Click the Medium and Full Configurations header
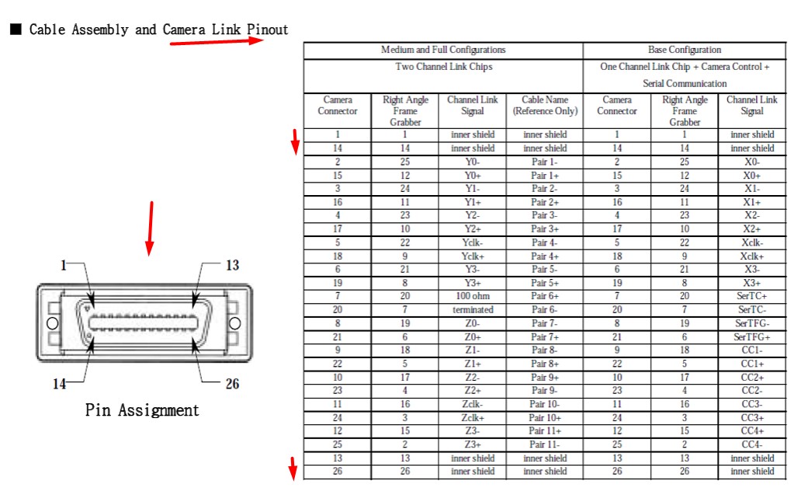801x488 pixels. click(442, 50)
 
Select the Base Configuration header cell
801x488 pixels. click(684, 50)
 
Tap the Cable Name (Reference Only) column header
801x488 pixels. click(545, 106)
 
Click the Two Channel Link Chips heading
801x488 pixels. click(443, 67)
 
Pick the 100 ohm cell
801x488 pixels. click(472, 296)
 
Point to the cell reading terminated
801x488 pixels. click(472, 309)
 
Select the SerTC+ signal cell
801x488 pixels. click(751, 296)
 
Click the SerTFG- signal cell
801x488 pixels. click(751, 323)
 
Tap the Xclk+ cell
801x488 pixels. click(751, 256)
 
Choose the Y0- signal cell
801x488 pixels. click(472, 162)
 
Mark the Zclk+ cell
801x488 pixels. click(472, 417)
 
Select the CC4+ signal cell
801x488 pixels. click(751, 430)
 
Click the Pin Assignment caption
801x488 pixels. click(142, 410)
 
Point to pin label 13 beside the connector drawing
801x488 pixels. click(232, 266)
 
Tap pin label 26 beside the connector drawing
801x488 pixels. click(232, 384)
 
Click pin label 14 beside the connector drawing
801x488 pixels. click(60, 384)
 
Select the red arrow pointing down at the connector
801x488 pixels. click(150, 228)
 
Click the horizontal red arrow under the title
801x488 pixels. click(217, 41)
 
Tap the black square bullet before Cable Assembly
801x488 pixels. click(15, 30)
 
